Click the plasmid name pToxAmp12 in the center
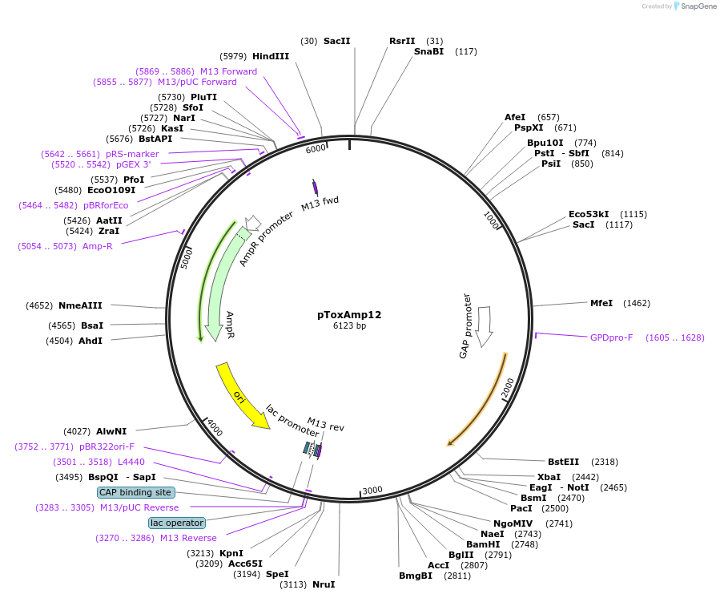click(349, 314)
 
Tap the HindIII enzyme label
click(271, 56)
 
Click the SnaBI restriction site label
click(428, 51)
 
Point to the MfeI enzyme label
click(601, 303)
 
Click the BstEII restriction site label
click(563, 462)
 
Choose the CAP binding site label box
click(135, 492)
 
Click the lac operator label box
click(177, 523)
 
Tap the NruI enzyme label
click(324, 584)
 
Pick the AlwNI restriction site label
click(111, 431)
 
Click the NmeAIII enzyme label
click(80, 305)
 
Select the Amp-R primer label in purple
click(98, 246)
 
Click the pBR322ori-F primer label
click(107, 446)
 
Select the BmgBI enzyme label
click(416, 576)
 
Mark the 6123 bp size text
click(349, 326)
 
